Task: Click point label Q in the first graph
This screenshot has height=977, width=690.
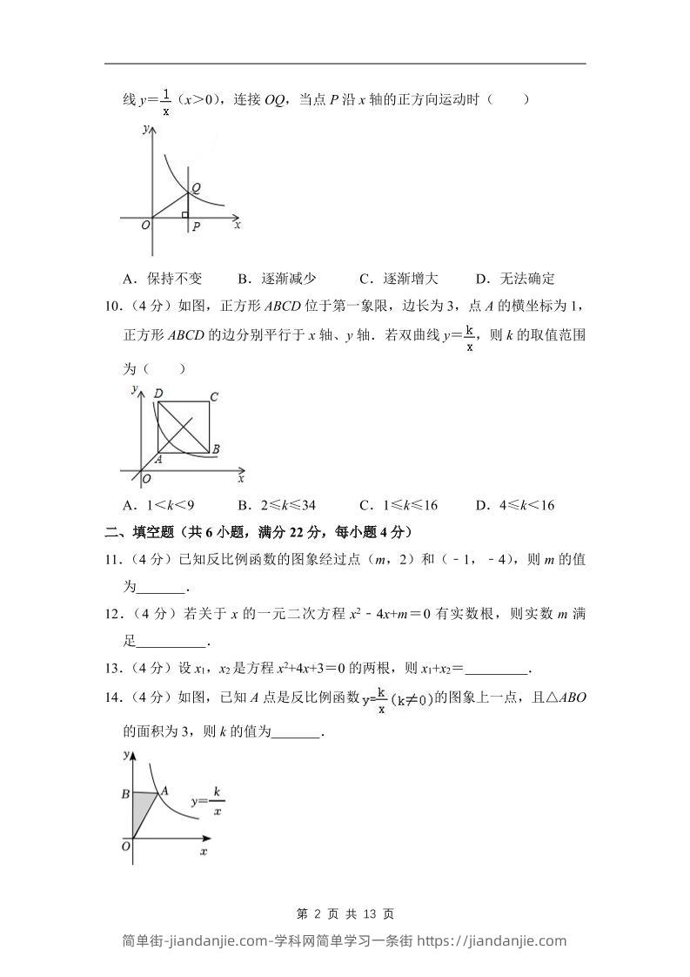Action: [x=197, y=187]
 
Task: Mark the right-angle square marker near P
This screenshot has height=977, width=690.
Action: [x=184, y=213]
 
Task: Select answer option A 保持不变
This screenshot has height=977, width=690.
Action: [x=163, y=279]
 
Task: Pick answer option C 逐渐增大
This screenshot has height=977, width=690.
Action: [x=399, y=279]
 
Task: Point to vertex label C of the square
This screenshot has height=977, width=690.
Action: [x=214, y=397]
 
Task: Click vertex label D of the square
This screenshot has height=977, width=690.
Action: [x=158, y=394]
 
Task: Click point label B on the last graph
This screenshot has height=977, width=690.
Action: [x=126, y=793]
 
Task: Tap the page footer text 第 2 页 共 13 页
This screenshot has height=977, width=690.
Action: [x=345, y=913]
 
